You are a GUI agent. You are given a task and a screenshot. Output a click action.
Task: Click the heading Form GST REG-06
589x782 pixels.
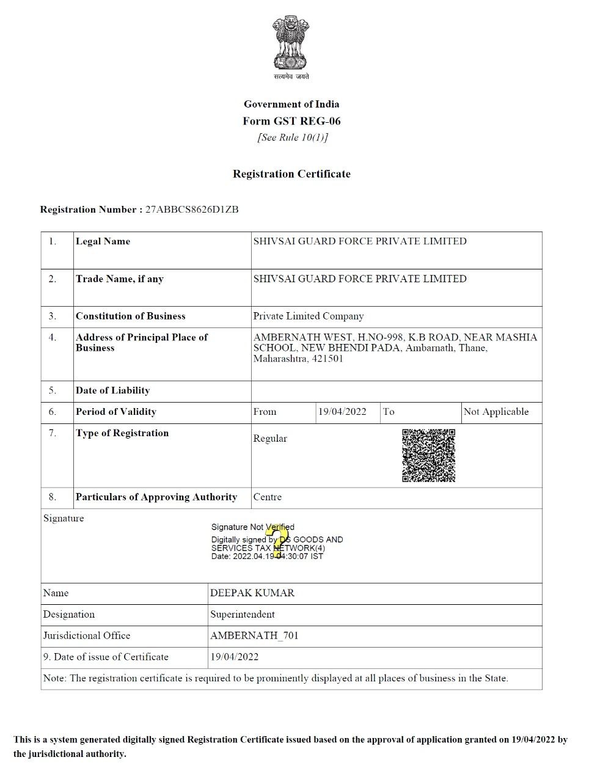click(291, 121)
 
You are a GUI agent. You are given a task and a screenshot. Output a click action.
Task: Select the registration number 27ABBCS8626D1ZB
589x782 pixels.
click(192, 210)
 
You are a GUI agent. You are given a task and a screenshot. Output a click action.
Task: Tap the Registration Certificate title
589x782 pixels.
click(291, 174)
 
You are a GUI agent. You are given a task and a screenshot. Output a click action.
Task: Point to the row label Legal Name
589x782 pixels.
click(103, 241)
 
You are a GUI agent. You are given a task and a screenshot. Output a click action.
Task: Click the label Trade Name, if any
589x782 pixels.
click(119, 279)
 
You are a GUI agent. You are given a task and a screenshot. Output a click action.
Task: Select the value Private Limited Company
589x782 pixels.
click(308, 316)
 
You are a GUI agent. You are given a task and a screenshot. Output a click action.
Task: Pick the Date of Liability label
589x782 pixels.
click(112, 391)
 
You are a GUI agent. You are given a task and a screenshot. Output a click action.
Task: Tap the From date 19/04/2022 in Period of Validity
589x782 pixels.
click(342, 412)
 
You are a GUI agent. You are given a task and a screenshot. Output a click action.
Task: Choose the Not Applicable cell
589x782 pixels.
click(496, 412)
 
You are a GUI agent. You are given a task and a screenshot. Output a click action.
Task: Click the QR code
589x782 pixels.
click(428, 456)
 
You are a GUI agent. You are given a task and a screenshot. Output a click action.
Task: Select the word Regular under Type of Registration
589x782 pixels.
click(269, 439)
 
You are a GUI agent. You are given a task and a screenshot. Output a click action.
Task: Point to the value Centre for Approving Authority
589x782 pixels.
click(267, 497)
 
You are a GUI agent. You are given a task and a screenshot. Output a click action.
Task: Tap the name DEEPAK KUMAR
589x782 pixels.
click(252, 593)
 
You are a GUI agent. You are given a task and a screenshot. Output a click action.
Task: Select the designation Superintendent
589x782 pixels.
click(242, 615)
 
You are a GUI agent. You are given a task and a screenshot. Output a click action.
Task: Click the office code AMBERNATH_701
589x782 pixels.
click(254, 636)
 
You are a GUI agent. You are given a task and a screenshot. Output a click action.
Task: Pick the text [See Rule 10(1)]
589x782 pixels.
click(292, 137)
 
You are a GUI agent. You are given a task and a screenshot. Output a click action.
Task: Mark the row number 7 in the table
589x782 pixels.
click(53, 433)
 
